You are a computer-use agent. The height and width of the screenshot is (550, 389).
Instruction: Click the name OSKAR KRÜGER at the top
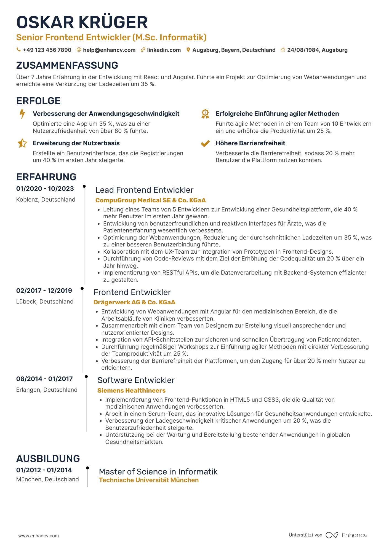tap(82, 22)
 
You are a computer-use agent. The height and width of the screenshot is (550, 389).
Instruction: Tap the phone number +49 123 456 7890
tap(47, 50)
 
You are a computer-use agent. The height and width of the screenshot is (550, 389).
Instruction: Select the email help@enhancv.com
tap(109, 50)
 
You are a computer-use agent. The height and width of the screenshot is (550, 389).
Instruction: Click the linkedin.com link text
tap(164, 50)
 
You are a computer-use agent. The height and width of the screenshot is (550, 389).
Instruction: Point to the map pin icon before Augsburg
tap(188, 50)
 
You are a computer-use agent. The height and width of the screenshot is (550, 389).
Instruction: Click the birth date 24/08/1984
tap(303, 50)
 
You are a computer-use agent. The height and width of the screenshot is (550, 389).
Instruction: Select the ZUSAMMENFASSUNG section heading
tap(67, 65)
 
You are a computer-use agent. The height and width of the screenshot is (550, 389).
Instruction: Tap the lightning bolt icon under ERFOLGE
tap(22, 114)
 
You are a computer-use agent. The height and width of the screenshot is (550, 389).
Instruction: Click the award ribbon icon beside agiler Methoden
tap(205, 114)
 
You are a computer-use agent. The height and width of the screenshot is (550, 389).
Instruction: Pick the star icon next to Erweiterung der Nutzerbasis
tap(22, 143)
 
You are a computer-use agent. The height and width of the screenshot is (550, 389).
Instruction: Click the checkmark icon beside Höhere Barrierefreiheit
tap(205, 143)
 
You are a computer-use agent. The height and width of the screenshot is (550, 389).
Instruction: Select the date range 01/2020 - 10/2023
tap(45, 189)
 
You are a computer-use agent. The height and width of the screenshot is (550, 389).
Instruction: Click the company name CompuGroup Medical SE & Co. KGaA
tap(150, 200)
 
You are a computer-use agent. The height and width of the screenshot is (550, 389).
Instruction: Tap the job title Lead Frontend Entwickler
tap(144, 190)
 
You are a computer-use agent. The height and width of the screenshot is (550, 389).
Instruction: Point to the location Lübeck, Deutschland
tap(45, 302)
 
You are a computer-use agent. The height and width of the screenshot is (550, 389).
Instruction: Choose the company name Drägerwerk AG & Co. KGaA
tap(134, 302)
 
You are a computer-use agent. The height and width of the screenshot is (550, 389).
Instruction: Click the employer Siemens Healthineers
tap(131, 391)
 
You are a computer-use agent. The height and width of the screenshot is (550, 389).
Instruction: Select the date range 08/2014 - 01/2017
tap(44, 379)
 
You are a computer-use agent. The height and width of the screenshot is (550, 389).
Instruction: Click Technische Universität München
tap(149, 480)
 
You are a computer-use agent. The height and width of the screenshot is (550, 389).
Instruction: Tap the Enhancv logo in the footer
tap(347, 535)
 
